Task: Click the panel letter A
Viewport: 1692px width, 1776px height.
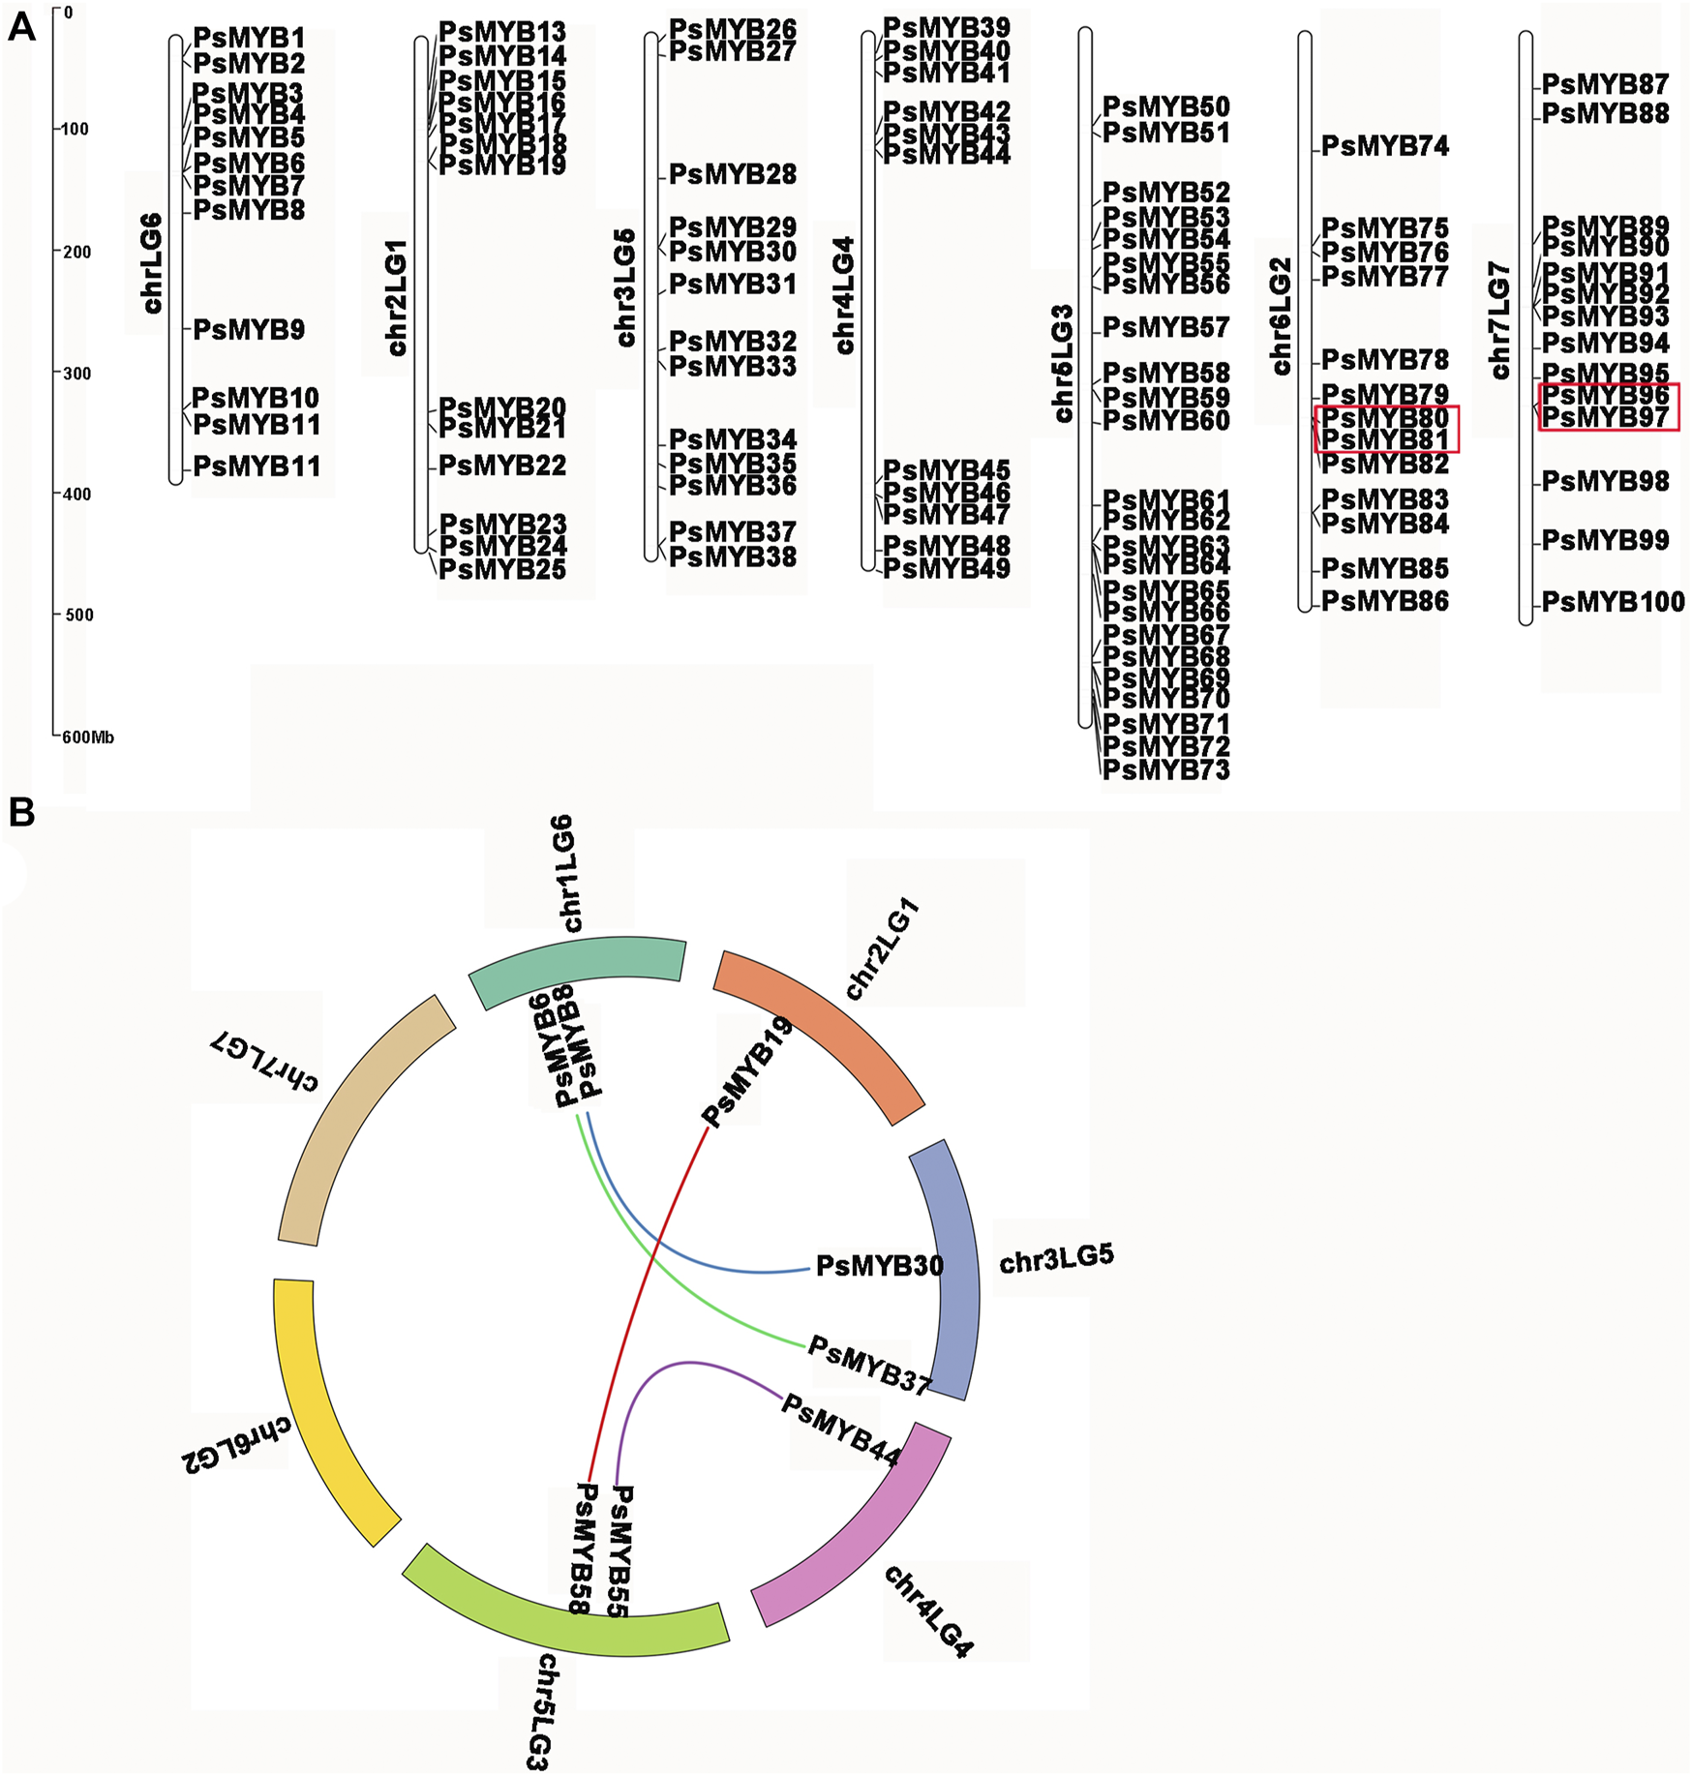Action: point(20,28)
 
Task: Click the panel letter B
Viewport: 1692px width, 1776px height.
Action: point(20,813)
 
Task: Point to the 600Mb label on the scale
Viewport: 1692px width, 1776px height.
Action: point(87,737)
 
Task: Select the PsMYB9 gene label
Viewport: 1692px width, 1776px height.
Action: point(249,330)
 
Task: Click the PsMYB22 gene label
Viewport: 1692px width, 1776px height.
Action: point(502,466)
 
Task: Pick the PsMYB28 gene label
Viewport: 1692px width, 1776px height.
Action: point(733,175)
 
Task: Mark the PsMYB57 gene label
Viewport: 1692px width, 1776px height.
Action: point(1165,328)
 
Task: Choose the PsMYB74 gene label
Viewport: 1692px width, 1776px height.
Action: point(1385,147)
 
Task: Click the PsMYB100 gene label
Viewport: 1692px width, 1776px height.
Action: point(1613,602)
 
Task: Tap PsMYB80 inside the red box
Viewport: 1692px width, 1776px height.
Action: point(1385,418)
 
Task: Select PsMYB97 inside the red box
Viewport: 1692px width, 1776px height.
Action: point(1605,417)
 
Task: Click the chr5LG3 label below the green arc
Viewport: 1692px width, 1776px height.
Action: point(543,1712)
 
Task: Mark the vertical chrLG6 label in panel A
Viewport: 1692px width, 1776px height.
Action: point(152,263)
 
